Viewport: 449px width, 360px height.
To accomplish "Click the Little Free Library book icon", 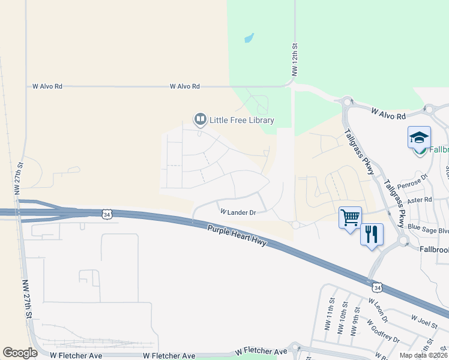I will point(200,120).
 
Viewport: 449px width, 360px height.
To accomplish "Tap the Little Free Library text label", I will point(241,120).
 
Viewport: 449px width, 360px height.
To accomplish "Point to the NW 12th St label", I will point(294,59).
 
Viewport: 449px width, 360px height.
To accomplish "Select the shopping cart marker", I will point(350,217).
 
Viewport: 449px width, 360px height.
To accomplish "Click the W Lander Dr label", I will point(238,212).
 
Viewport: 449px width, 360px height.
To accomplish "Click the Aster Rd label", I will point(420,200).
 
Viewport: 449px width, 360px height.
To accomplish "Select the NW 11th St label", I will point(331,309).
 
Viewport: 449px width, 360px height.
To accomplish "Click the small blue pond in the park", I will point(249,38).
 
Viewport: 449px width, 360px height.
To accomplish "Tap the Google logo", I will point(20,353).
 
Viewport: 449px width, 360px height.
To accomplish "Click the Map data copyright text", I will point(424,355).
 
